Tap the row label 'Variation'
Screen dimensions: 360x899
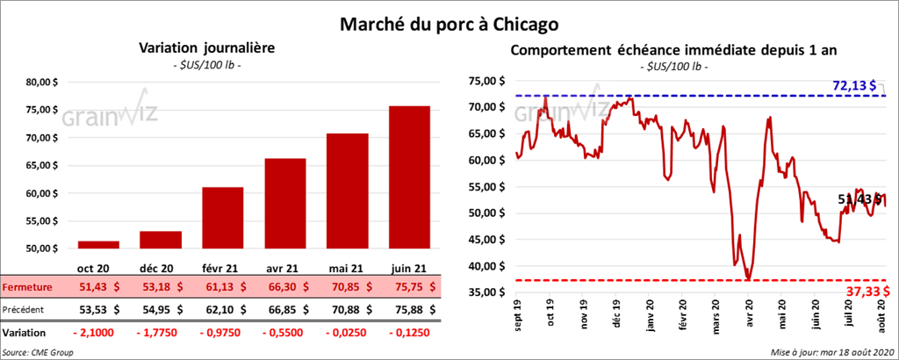(24, 334)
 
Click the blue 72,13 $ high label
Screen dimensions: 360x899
(855, 85)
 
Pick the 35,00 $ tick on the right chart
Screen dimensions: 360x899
(488, 292)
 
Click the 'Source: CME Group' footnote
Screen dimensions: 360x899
(38, 351)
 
